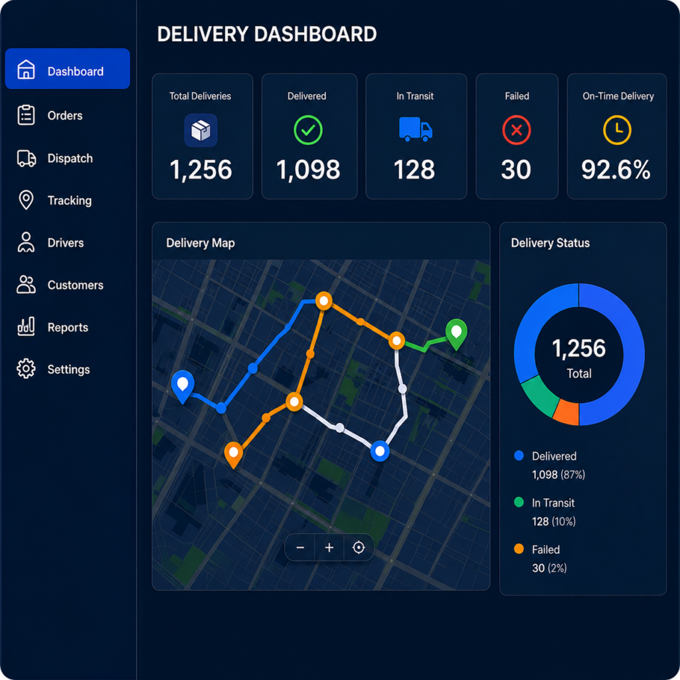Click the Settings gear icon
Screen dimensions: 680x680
pos(26,369)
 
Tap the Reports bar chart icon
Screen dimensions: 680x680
pos(26,327)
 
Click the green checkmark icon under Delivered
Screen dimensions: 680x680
pos(308,130)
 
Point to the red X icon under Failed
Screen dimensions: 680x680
pos(517,130)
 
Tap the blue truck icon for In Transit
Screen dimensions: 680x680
pos(416,129)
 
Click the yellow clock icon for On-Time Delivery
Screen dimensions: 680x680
pos(617,130)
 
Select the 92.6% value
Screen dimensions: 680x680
pos(616,169)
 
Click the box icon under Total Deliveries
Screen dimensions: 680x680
pos(201,130)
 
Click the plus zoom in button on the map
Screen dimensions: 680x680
pos(329,547)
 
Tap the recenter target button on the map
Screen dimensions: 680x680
pos(359,547)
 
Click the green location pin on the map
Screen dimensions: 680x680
pos(456,333)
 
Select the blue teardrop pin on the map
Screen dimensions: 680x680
pos(183,386)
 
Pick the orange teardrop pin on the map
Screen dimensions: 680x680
pos(233,454)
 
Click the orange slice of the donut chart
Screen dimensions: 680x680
pos(567,412)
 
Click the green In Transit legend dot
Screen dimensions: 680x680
pos(519,502)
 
